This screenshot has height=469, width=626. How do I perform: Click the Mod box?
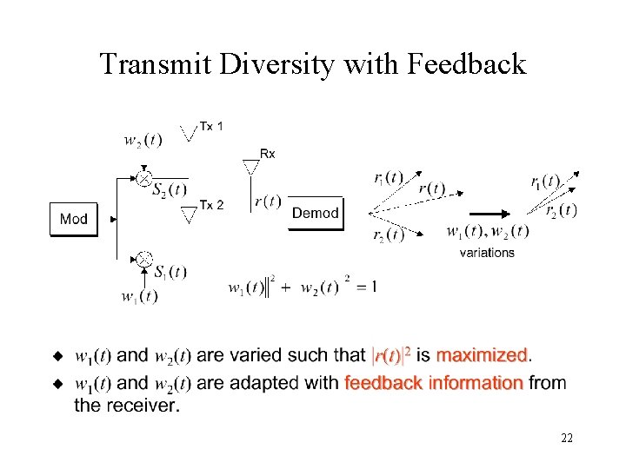[73, 219]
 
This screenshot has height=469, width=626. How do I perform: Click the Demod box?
[316, 213]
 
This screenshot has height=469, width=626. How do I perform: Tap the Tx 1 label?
[211, 127]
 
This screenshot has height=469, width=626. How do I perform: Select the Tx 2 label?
[212, 205]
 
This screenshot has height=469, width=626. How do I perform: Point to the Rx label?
[267, 154]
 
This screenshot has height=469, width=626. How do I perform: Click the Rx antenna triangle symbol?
[251, 167]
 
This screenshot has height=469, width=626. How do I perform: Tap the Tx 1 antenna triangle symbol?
[188, 134]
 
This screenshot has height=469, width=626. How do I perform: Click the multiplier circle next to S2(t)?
[143, 178]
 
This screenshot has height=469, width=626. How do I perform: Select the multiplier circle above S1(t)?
[144, 259]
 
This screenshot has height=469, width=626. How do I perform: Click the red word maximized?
[483, 355]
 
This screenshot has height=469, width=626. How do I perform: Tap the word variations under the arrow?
[487, 253]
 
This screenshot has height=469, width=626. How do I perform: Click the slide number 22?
[566, 439]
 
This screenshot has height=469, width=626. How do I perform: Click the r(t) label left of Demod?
[267, 201]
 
